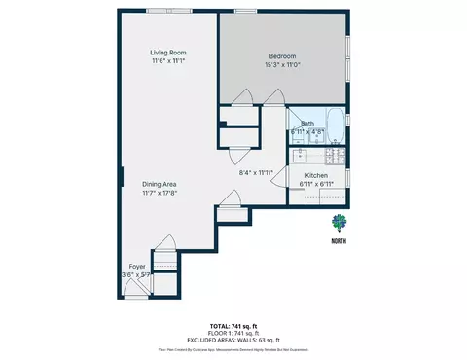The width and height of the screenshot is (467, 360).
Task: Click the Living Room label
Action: click(x=167, y=53)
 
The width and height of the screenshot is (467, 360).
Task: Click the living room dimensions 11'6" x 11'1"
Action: click(x=167, y=62)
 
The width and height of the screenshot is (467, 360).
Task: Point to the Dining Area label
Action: click(x=160, y=184)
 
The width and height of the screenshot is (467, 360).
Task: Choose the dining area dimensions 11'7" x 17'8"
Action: click(x=160, y=194)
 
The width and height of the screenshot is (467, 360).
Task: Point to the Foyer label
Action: click(x=137, y=266)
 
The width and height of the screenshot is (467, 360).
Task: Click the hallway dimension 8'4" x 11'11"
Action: click(x=256, y=173)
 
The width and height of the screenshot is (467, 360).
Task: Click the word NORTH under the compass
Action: click(x=338, y=240)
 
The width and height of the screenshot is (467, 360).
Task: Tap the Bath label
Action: click(x=306, y=124)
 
